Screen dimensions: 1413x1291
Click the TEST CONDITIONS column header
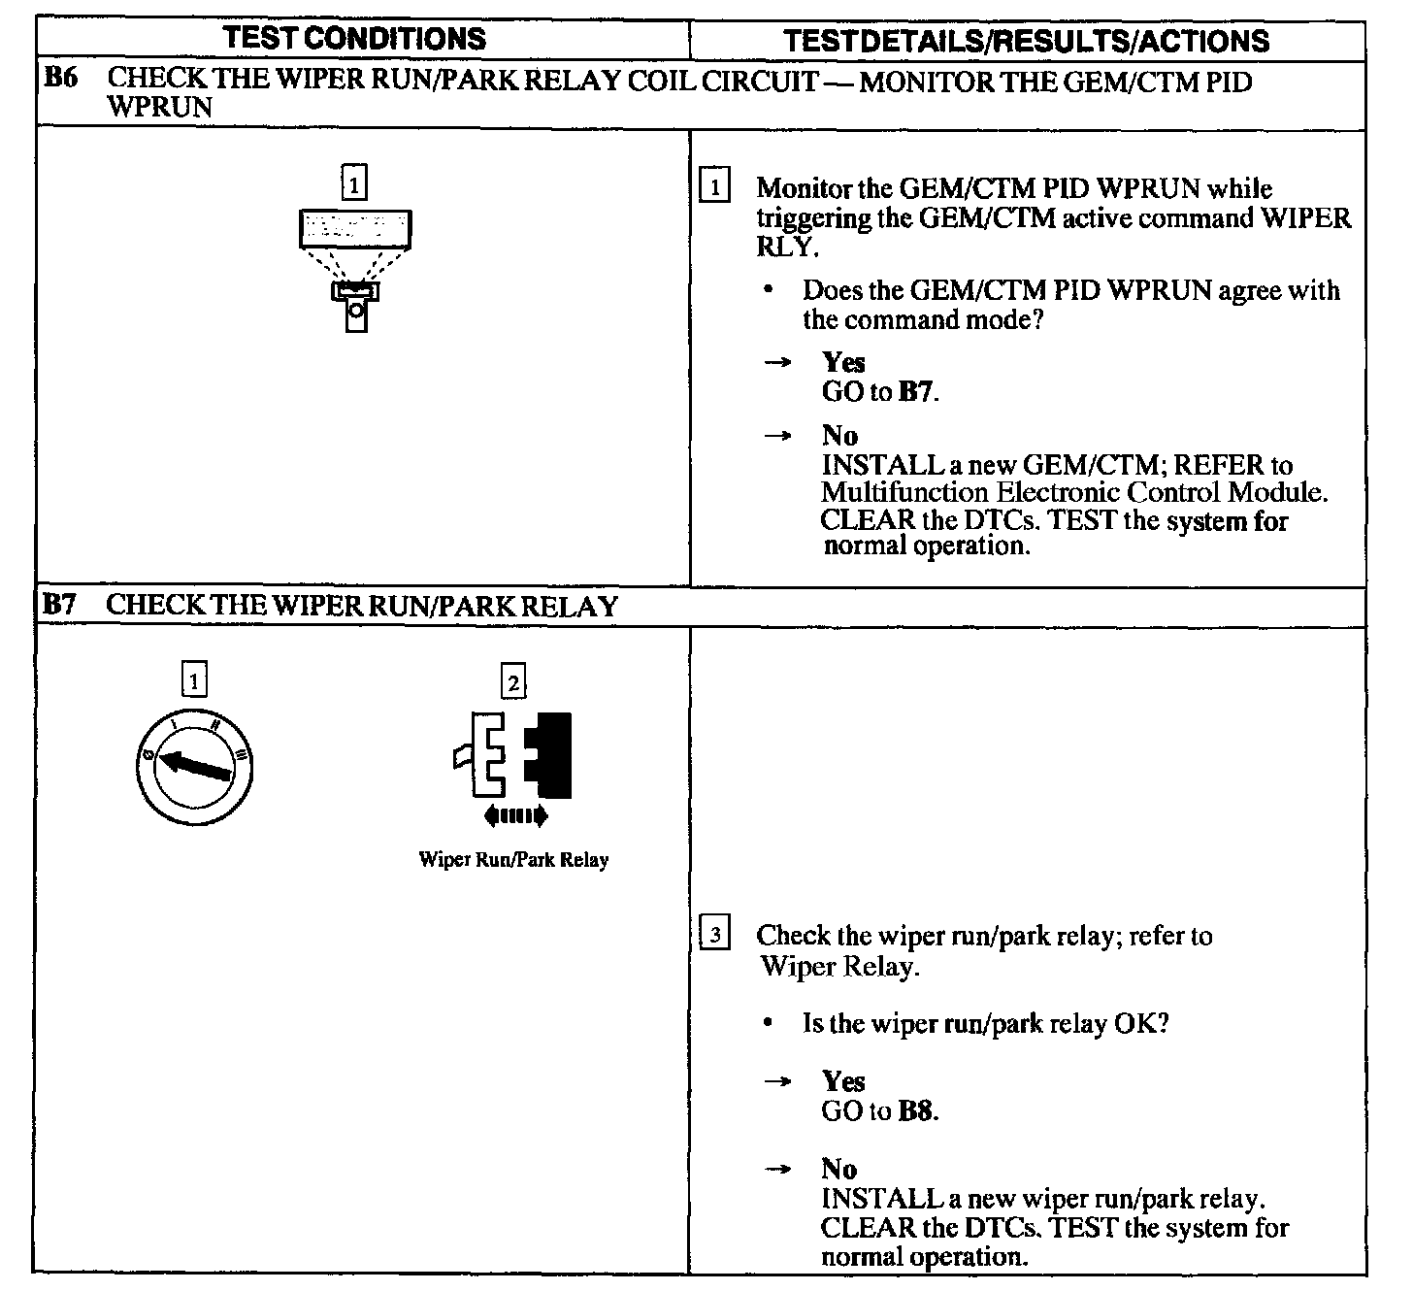coord(355,39)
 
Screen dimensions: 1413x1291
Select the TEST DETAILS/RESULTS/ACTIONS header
coord(1026,41)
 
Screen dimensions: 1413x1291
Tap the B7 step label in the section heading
coord(59,606)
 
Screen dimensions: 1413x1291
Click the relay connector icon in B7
coord(514,755)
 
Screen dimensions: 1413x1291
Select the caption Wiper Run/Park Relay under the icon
coord(513,860)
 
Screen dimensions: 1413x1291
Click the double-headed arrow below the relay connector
coord(514,816)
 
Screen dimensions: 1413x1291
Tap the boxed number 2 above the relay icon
coord(512,682)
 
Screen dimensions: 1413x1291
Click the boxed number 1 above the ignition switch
coord(194,680)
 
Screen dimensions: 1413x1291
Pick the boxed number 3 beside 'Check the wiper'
coord(715,936)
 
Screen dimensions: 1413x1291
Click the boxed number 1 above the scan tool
coord(356,182)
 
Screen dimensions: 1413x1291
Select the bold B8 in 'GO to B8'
coord(917,1111)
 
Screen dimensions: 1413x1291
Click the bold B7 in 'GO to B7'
coord(917,393)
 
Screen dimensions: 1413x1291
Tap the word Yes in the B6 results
coord(843,362)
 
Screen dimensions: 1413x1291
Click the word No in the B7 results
coord(838,1169)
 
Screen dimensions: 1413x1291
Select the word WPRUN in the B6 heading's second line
coord(159,107)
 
